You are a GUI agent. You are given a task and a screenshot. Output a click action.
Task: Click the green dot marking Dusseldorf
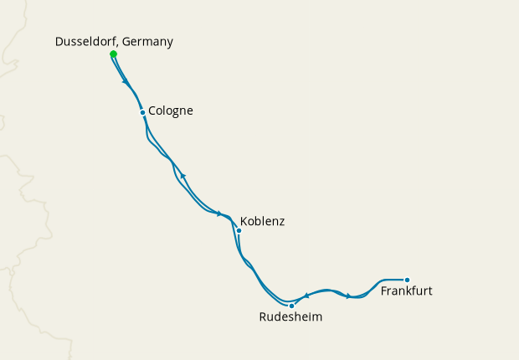point(113,54)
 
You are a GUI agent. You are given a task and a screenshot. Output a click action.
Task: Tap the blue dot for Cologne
point(142,112)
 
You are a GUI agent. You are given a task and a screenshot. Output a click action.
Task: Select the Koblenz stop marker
point(239,230)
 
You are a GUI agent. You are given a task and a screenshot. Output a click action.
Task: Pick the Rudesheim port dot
point(291,306)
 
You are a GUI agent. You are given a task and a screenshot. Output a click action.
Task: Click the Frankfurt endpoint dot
point(407,280)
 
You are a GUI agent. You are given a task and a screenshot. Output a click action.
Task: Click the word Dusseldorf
point(86,42)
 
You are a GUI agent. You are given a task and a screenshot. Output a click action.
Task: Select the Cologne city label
point(171,110)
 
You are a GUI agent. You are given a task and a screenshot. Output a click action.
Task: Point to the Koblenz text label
point(262,222)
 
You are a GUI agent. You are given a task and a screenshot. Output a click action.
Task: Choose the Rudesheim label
point(290,317)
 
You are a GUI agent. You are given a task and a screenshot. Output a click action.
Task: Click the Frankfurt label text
point(406,291)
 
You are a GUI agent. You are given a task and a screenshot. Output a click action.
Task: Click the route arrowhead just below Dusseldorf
point(125,81)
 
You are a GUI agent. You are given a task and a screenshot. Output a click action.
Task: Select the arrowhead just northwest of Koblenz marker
point(220,213)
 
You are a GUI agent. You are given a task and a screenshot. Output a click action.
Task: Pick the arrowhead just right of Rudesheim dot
point(306,295)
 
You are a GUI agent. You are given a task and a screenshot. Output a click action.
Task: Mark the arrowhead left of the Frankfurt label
point(349,296)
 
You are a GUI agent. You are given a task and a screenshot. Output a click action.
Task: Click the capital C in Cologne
point(152,110)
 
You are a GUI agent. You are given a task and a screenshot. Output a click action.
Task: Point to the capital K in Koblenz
point(244,222)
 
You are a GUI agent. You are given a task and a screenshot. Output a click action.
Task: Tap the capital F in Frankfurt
point(384,291)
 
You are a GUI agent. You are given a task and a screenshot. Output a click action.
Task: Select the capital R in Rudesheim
point(263,317)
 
